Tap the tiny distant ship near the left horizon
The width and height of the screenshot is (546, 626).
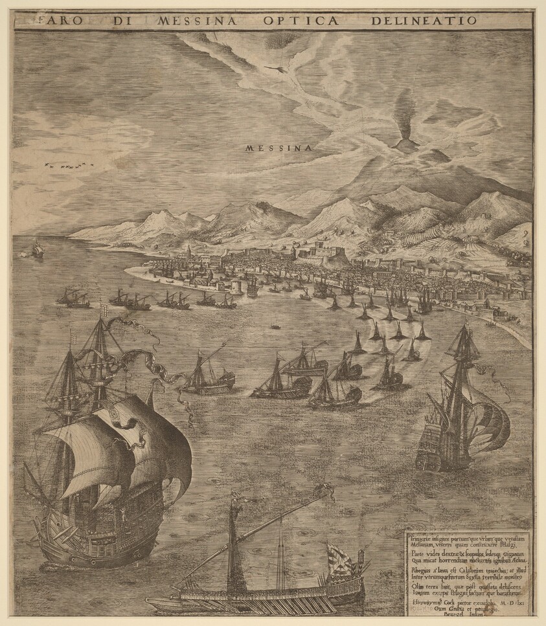[x=38, y=249]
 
